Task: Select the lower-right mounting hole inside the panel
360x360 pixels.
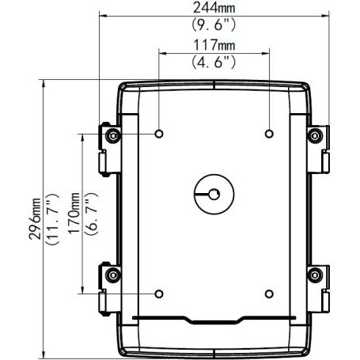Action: pos(270,294)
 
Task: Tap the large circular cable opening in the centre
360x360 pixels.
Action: pos(214,192)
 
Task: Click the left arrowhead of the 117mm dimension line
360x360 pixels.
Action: pos(161,53)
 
